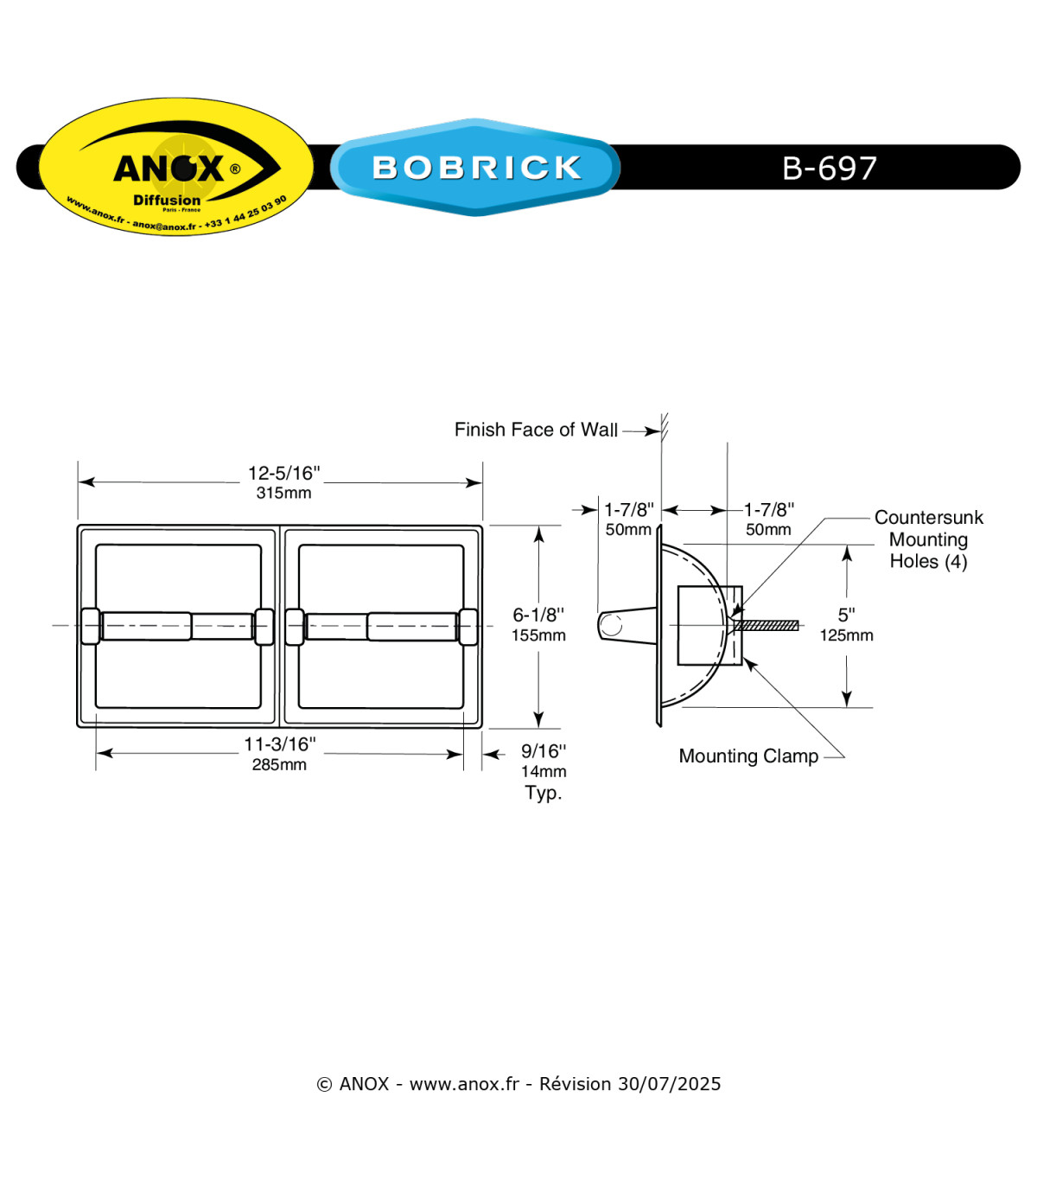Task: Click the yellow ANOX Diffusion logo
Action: point(176,167)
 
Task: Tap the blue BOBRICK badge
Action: point(475,167)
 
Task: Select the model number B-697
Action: point(829,168)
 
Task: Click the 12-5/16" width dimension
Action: point(283,473)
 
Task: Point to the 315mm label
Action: point(283,493)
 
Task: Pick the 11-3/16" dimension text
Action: point(280,743)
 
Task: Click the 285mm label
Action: point(279,764)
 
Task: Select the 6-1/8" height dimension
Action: point(538,615)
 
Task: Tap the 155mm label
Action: point(538,635)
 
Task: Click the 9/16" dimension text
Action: point(544,750)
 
